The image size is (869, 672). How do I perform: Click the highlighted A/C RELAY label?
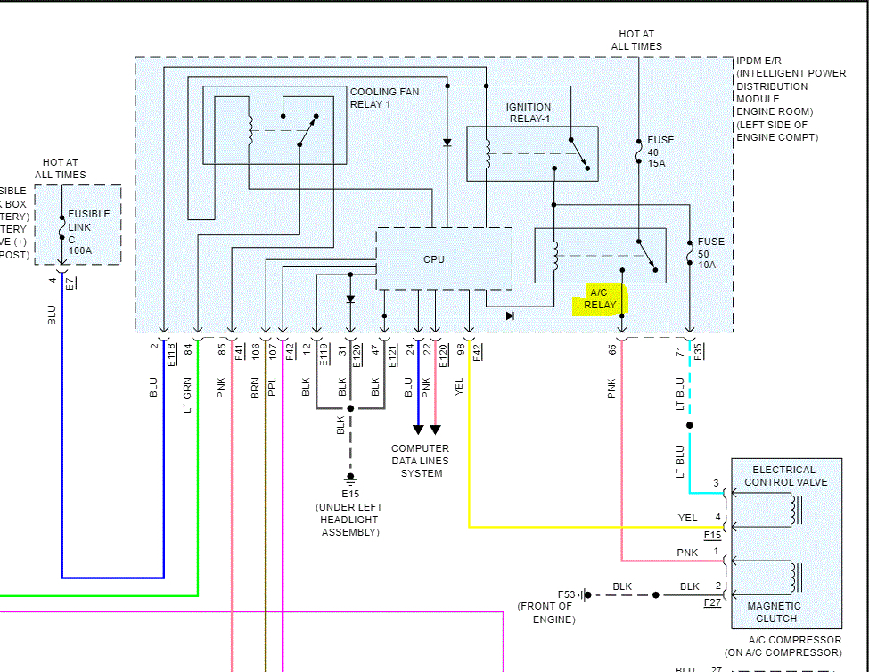tap(600, 298)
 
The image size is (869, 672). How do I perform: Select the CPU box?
tap(434, 259)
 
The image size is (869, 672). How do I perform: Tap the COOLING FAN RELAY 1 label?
tap(384, 98)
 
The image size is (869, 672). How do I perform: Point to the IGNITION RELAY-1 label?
tap(529, 113)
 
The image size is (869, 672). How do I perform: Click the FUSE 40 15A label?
tap(660, 152)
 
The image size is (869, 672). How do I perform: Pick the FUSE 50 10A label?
tap(710, 253)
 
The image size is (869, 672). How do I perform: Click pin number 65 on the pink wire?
tap(612, 348)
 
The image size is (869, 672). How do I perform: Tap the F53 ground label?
tap(567, 594)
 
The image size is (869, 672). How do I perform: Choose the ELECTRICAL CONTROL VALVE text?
tap(784, 476)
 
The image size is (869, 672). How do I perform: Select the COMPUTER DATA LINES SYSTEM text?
tap(421, 461)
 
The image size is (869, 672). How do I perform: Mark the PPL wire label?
tap(272, 388)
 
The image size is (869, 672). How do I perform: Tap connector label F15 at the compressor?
tap(712, 536)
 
